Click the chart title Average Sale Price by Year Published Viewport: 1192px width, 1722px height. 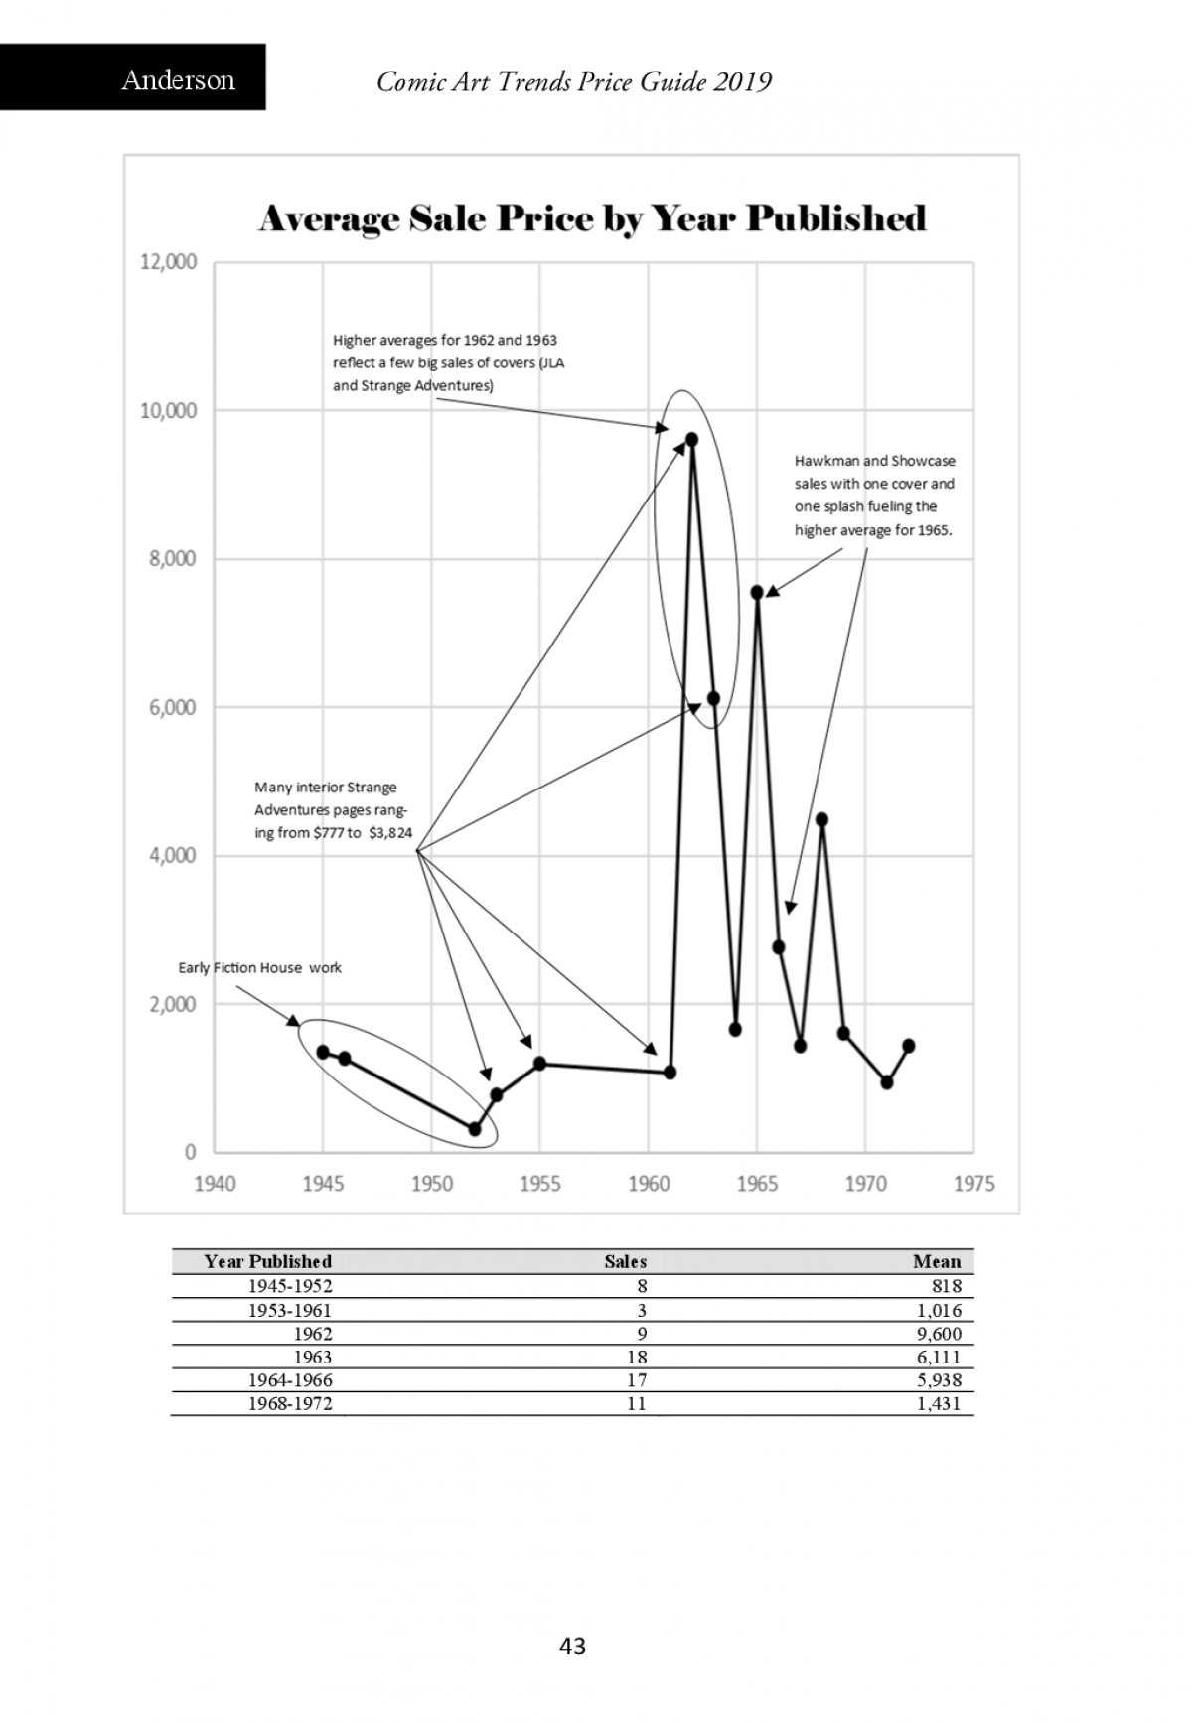click(592, 218)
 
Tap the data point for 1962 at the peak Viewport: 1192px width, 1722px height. click(691, 439)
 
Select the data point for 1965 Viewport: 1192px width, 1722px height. click(757, 592)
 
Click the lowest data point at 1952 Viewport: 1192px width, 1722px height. click(475, 1129)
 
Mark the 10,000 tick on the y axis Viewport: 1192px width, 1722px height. click(168, 411)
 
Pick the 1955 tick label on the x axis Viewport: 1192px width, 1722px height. click(539, 1184)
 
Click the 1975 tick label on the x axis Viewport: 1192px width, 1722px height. click(973, 1184)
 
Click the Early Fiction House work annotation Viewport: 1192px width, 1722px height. click(259, 968)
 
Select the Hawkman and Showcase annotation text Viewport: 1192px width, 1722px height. click(874, 496)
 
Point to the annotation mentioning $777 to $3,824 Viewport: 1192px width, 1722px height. click(333, 810)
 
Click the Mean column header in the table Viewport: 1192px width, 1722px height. click(937, 1262)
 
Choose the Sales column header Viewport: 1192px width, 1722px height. click(626, 1262)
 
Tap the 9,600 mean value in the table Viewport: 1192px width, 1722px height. click(939, 1334)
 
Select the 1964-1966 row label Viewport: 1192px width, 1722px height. click(290, 1380)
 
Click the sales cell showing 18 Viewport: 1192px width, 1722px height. click(637, 1358)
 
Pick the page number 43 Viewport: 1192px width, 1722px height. click(573, 1647)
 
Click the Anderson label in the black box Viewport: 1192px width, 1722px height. click(179, 80)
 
